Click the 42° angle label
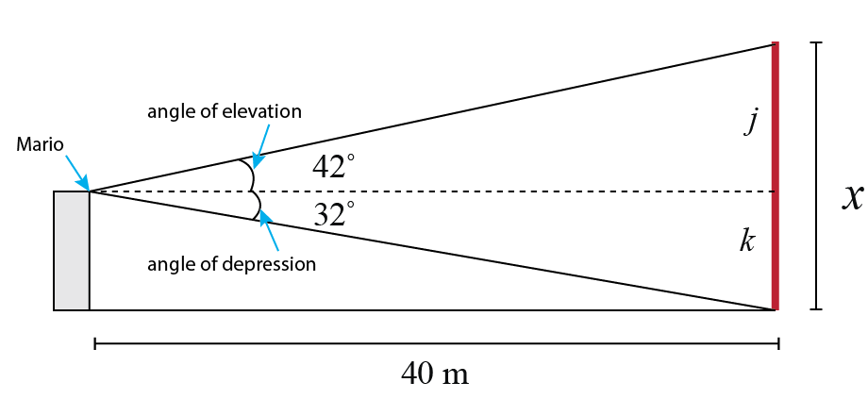pyautogui.click(x=333, y=168)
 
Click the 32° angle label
pyautogui.click(x=333, y=215)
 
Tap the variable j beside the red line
pyautogui.click(x=751, y=121)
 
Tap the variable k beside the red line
pyautogui.click(x=746, y=241)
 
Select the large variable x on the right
pyautogui.click(x=853, y=195)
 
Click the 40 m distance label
pyautogui.click(x=435, y=374)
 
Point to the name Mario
pyautogui.click(x=40, y=145)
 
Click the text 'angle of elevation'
pyautogui.click(x=224, y=111)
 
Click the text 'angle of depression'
pyautogui.click(x=231, y=263)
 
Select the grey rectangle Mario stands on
pyautogui.click(x=72, y=251)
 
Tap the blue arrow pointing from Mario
pyautogui.click(x=76, y=175)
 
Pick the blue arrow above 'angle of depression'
pyautogui.click(x=271, y=232)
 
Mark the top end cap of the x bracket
pyautogui.click(x=817, y=43)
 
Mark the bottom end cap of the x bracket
pyautogui.click(x=817, y=308)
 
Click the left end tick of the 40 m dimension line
pyautogui.click(x=95, y=344)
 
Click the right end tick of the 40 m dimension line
pyautogui.click(x=778, y=344)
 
